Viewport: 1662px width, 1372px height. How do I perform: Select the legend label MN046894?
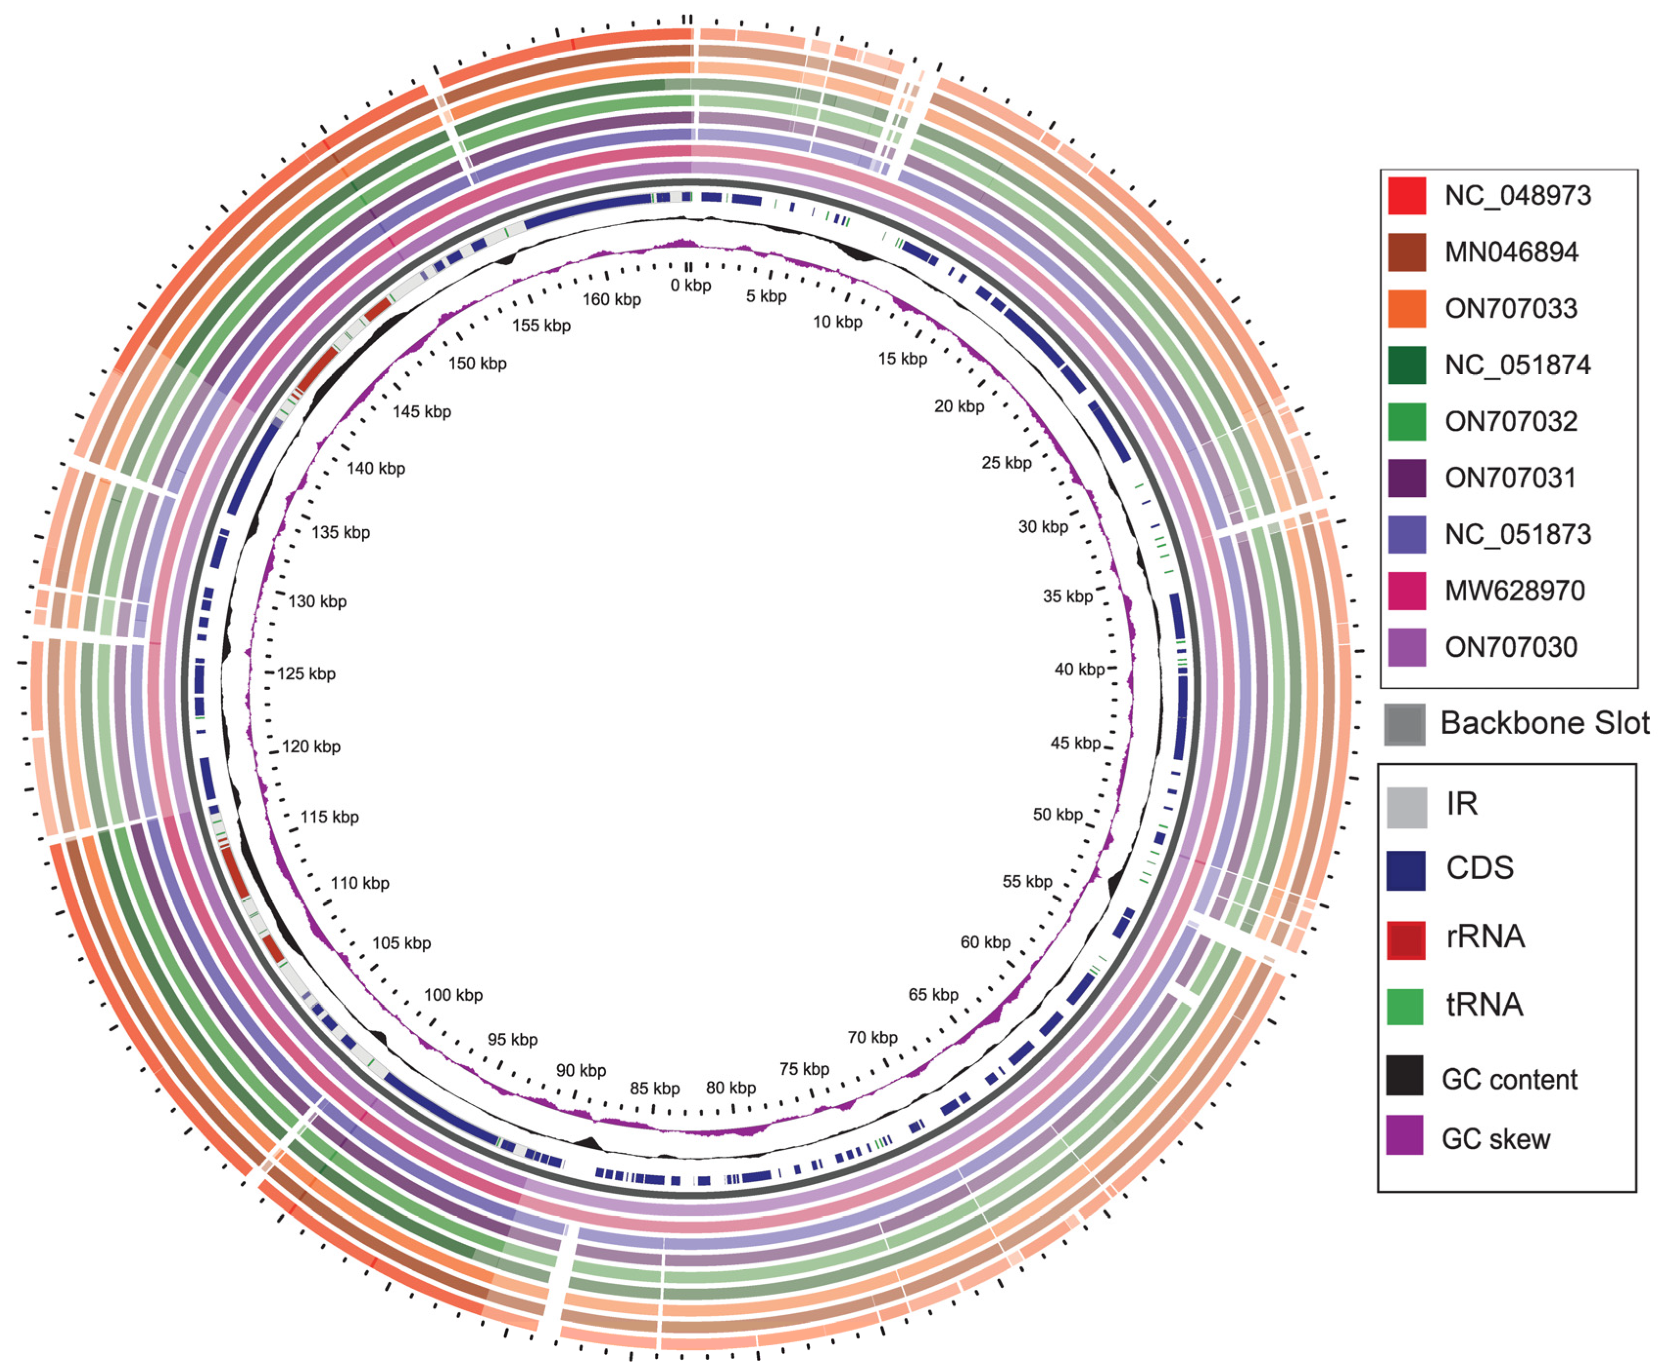[x=1511, y=252]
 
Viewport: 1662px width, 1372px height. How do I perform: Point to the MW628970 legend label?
[x=1514, y=590]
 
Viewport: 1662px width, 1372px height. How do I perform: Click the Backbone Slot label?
[x=1544, y=722]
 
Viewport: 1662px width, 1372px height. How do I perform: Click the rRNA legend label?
[x=1485, y=936]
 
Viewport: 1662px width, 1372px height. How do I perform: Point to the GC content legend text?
[x=1509, y=1080]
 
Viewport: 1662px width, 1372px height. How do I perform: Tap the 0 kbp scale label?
[x=690, y=285]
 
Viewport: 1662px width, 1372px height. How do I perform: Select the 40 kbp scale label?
[x=1079, y=670]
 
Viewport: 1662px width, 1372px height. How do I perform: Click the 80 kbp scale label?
[x=730, y=1088]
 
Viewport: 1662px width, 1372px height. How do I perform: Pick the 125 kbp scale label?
[x=306, y=674]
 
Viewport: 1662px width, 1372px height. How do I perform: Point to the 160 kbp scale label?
[x=612, y=300]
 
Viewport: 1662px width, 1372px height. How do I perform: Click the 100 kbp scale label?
[x=453, y=995]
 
